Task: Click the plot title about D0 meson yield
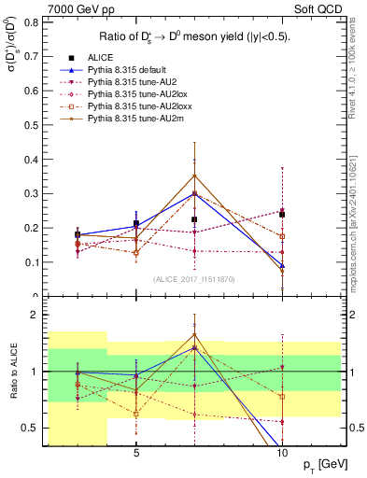click(193, 37)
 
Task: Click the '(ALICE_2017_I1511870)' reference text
click(194, 279)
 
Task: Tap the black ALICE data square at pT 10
click(282, 215)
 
